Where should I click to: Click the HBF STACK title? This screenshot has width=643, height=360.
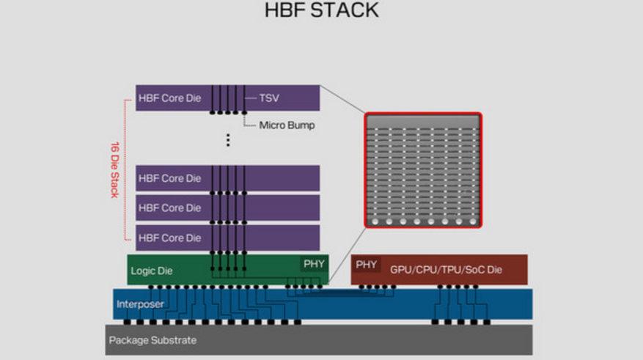point(321,10)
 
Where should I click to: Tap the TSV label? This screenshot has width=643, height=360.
point(269,98)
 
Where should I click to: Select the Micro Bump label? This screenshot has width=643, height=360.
point(287,125)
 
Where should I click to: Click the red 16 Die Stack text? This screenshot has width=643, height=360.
point(114,170)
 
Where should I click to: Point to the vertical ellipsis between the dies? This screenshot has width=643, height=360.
point(228,140)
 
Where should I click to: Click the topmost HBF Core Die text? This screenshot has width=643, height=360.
point(170,98)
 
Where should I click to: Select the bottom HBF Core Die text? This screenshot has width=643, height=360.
point(170,238)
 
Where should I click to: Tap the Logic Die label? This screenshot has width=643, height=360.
point(152,271)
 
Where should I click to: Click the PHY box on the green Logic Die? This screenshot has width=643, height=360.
point(314,264)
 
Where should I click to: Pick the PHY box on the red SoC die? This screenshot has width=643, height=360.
point(366,265)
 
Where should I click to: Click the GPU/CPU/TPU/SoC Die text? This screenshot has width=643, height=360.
point(446,269)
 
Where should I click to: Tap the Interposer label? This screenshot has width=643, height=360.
point(140,304)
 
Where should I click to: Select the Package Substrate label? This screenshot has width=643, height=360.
point(153,340)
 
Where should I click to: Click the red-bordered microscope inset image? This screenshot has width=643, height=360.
point(423,170)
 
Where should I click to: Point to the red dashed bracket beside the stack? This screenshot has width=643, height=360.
point(125,170)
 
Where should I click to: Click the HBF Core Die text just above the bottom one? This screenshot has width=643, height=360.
point(170,208)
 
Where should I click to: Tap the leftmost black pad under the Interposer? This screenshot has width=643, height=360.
point(127,323)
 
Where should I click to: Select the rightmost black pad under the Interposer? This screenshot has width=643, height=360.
point(487,323)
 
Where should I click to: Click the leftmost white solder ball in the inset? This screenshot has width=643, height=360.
point(375,222)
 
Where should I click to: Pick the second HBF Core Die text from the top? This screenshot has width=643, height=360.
point(170,178)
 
